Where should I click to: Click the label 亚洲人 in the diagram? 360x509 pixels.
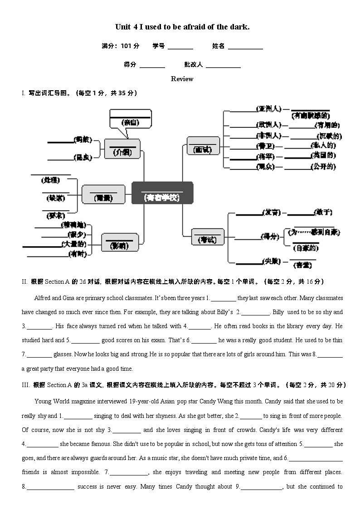[268, 109]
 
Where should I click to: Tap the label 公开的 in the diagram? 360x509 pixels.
[323, 167]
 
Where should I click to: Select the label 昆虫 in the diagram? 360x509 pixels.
[84, 158]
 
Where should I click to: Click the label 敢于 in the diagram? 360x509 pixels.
[324, 212]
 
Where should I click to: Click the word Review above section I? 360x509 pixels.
[182, 79]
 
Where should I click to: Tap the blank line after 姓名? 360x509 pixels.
[245, 46]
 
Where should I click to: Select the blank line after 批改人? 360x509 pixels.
[223, 65]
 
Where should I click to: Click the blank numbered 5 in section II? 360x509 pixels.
[85, 340]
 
